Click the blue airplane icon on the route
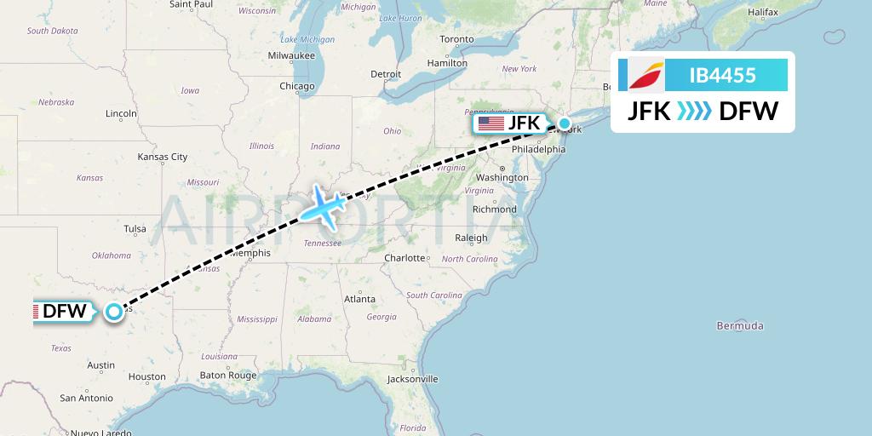coord(321,205)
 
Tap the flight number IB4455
coord(722,75)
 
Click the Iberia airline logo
coord(645,75)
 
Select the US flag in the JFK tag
coord(490,123)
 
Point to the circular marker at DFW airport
coord(114,312)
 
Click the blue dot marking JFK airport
coord(564,123)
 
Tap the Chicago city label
coord(297,86)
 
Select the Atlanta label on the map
coord(359,299)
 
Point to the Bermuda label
coord(740,326)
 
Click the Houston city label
coord(147,376)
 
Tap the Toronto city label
coord(456,40)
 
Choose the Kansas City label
coord(163,157)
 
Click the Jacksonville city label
coord(411,379)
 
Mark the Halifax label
coord(763,13)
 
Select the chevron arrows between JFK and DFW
coord(694,111)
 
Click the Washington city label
coord(502,178)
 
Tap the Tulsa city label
coord(135,228)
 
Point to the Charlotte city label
coord(404,258)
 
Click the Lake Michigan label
coord(307,39)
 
